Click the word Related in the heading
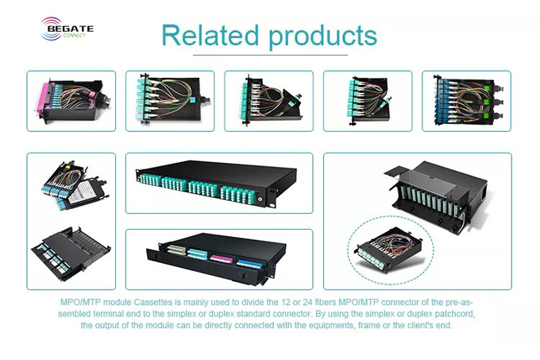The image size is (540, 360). point(210,35)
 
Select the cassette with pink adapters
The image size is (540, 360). point(71,101)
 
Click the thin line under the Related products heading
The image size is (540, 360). point(270,55)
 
